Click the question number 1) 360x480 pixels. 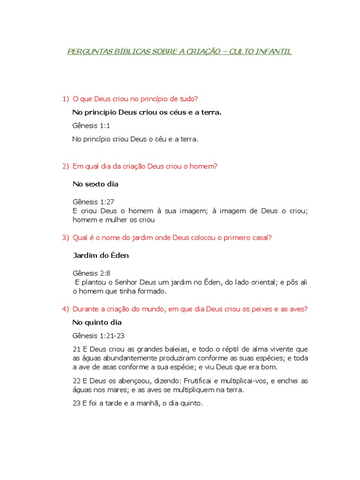pyautogui.click(x=66, y=99)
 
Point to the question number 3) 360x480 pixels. pyautogui.click(x=66, y=238)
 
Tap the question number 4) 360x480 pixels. pyautogui.click(x=66, y=309)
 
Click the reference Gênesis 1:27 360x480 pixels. pyautogui.click(x=94, y=202)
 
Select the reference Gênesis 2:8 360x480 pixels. pyautogui.click(x=91, y=273)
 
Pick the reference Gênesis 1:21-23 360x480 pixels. pyautogui.click(x=98, y=336)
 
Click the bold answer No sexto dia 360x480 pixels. pyautogui.click(x=96, y=184)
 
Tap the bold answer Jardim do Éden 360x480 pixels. pyautogui.click(x=101, y=255)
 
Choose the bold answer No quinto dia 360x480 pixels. pyautogui.click(x=97, y=322)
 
